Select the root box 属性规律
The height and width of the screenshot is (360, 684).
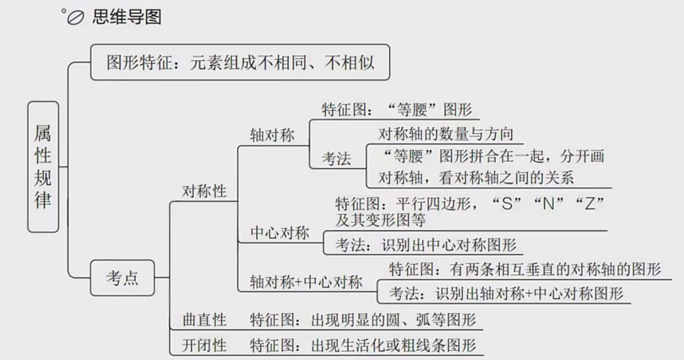(x=43, y=167)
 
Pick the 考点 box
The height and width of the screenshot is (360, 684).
(x=122, y=278)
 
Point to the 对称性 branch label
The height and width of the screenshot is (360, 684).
(x=204, y=191)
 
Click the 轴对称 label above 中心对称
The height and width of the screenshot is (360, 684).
(x=272, y=135)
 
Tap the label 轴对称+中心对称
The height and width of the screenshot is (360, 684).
(x=306, y=282)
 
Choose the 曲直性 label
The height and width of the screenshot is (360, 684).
(x=204, y=319)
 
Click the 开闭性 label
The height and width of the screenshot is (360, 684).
(x=204, y=344)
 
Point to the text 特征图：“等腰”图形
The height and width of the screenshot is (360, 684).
(x=397, y=109)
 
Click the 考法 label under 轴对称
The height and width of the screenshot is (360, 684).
(x=336, y=158)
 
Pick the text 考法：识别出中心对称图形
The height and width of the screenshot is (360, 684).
(x=426, y=244)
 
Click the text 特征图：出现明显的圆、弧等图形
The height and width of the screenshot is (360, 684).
(x=363, y=319)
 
